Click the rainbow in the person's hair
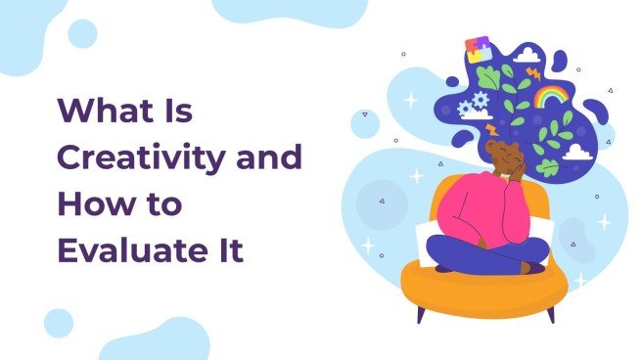[551, 96]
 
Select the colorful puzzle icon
[480, 49]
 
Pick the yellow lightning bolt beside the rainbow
[533, 72]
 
